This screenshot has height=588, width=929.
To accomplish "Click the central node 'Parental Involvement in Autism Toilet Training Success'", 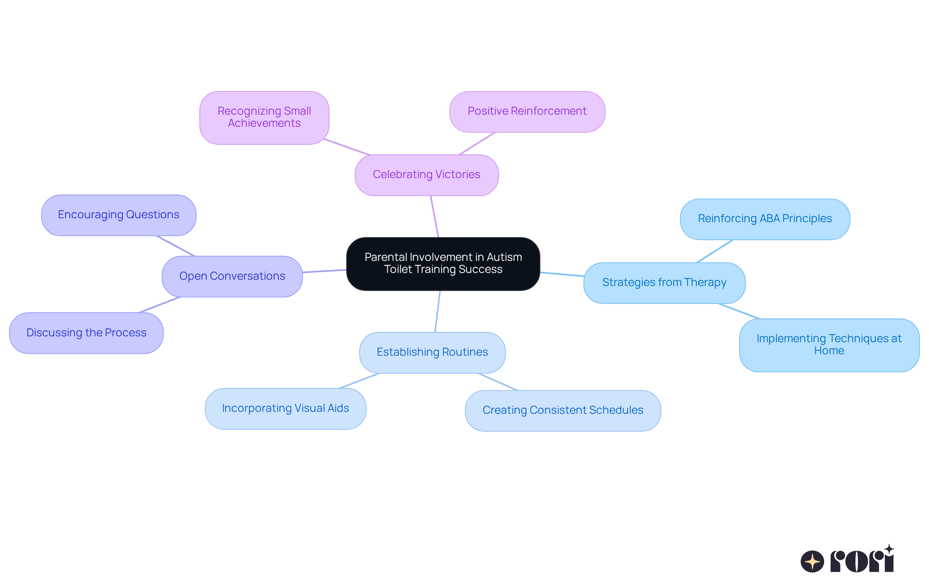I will point(443,264).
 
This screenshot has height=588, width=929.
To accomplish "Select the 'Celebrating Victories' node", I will point(426,175).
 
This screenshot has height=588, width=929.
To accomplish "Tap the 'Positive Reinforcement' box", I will point(527,111).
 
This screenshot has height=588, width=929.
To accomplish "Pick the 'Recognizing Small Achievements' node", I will point(264,118).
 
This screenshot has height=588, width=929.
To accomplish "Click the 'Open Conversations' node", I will point(232,276).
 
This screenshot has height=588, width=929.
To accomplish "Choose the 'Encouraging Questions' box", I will point(119,215).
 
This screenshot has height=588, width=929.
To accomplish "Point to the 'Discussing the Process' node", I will point(86,333).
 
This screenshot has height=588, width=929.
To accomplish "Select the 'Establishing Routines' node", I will point(432,352).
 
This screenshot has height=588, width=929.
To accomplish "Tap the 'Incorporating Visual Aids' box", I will point(285,408).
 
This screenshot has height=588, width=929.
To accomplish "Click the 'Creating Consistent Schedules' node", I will point(563,410).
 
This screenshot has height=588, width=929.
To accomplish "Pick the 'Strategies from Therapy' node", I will point(664,283).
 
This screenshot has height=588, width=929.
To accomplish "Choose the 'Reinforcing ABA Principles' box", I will point(764,219).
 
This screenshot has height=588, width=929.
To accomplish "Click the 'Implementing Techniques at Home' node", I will point(829,345).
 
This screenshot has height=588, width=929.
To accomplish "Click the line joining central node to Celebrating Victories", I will point(435,216).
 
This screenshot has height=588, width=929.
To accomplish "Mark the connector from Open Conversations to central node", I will point(324,271).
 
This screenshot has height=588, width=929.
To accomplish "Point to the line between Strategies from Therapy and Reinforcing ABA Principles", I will point(715,251).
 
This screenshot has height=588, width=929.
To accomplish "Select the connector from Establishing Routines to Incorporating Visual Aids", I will point(359,381).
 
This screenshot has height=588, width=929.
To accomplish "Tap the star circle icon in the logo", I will point(812,561).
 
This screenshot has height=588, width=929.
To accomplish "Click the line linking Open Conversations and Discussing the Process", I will point(160,305).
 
